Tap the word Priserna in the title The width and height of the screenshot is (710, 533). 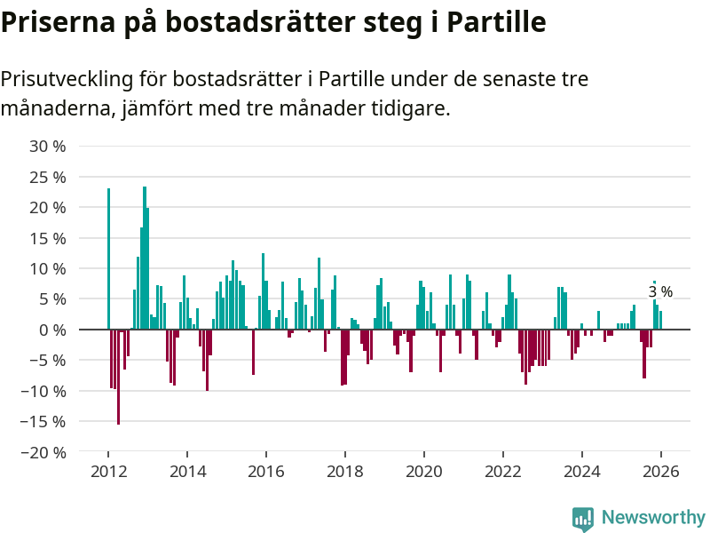[54, 22]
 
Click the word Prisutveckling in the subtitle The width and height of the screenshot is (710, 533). [67, 80]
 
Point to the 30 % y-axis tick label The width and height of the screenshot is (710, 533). [48, 146]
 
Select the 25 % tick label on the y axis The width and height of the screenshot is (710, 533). [48, 177]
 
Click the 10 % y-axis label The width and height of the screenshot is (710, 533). [48, 268]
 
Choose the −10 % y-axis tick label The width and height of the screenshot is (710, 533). [44, 391]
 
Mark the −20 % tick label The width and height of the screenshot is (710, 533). [44, 452]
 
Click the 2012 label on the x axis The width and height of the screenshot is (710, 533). [107, 472]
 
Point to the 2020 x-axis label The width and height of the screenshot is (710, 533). [424, 472]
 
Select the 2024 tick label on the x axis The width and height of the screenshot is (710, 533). [582, 472]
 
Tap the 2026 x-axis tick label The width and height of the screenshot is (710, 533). [661, 472]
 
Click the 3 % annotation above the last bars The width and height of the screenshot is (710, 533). [660, 291]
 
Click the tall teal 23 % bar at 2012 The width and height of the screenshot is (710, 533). [108, 258]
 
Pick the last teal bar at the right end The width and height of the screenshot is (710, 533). [660, 320]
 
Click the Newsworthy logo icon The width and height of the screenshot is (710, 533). [583, 519]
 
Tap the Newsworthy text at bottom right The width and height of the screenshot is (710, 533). [653, 518]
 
